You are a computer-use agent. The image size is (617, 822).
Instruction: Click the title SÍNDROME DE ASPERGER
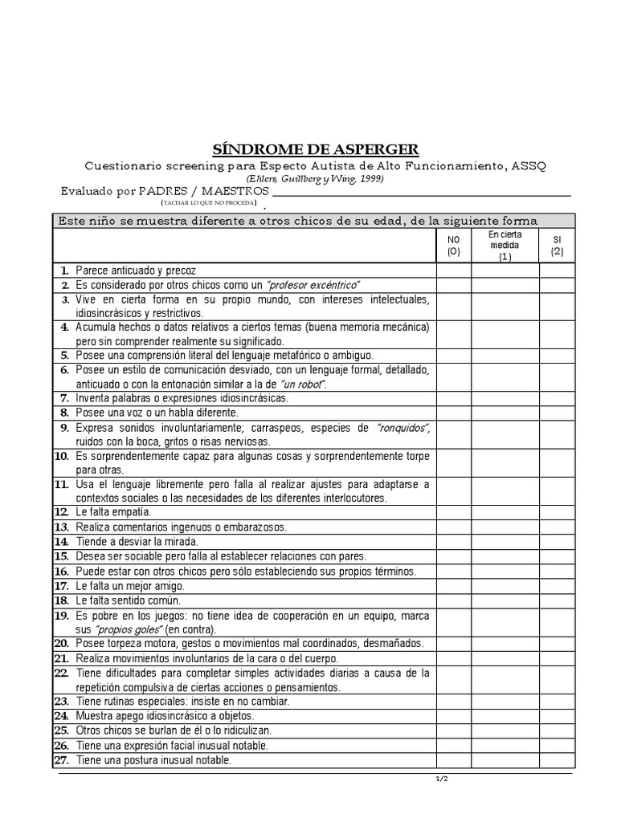315,149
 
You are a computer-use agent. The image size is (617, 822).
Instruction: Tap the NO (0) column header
454,245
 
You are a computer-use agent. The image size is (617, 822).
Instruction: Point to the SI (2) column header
557,245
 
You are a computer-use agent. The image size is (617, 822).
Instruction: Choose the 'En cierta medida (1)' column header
505,245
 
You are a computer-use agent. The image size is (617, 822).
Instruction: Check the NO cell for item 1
454,271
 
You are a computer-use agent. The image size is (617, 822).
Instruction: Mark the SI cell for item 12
557,511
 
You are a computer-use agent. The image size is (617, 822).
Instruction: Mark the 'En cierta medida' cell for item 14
505,541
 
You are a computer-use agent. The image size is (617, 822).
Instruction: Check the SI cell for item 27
557,760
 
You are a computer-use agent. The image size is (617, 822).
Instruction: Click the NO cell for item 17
454,585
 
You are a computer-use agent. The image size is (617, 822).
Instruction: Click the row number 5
64,355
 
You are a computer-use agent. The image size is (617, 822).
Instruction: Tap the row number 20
62,644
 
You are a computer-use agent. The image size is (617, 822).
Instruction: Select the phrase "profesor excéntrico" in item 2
313,286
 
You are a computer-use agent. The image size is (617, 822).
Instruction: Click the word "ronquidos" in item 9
402,428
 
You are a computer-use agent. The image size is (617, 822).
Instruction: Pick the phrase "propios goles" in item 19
123,629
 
